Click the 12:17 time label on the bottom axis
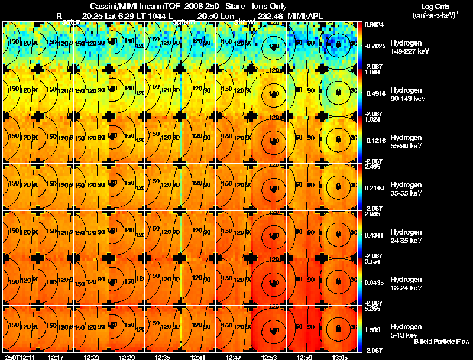click(56, 356)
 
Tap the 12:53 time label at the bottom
click(269, 356)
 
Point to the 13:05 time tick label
click(340, 356)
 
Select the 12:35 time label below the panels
click(163, 356)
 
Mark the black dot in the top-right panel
click(338, 44)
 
